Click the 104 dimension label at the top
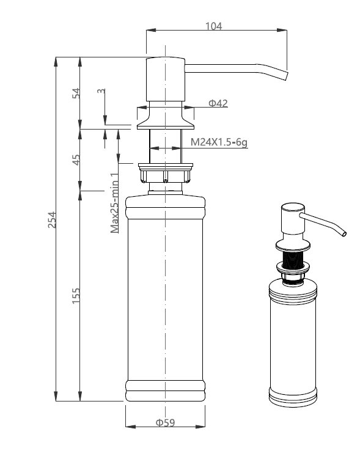(x=213, y=26)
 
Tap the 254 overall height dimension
(x=52, y=220)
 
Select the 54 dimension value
(x=76, y=93)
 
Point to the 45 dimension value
(x=76, y=160)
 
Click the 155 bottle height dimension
(x=76, y=296)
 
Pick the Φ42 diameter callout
(x=218, y=103)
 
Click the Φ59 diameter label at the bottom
(x=165, y=422)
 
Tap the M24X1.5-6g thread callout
(x=219, y=142)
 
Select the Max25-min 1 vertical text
(x=114, y=203)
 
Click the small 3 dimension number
(x=101, y=91)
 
